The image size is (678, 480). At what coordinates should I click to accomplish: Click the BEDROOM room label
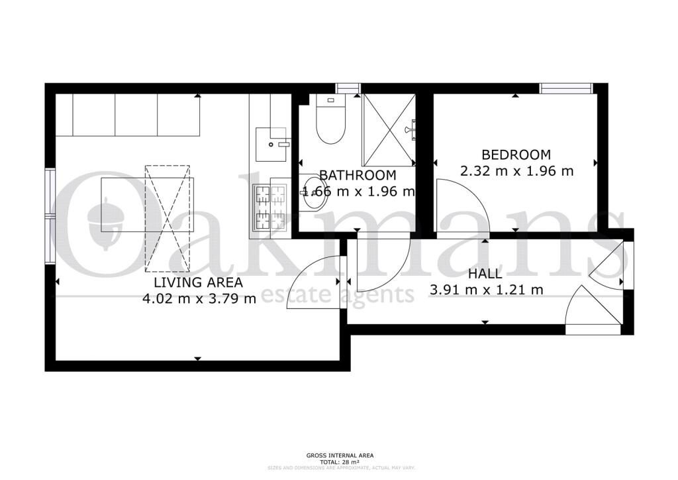(x=516, y=154)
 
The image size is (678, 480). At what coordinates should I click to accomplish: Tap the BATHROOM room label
(x=358, y=176)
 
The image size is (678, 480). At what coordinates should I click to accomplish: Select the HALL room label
(x=485, y=274)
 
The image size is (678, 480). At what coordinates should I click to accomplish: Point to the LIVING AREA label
(x=198, y=282)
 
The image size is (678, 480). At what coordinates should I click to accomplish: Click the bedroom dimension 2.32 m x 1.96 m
(x=516, y=171)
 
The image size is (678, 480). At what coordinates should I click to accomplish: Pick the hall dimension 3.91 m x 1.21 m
(x=487, y=290)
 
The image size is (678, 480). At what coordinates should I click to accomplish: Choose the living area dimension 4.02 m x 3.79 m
(x=199, y=298)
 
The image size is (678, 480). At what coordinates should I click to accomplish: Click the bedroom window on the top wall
(x=565, y=88)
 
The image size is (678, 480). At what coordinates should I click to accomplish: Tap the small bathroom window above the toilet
(x=348, y=88)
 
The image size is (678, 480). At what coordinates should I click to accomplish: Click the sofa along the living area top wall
(x=128, y=115)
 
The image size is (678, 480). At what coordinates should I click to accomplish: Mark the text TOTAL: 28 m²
(x=339, y=461)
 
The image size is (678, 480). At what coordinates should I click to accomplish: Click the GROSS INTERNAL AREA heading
(x=339, y=455)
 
